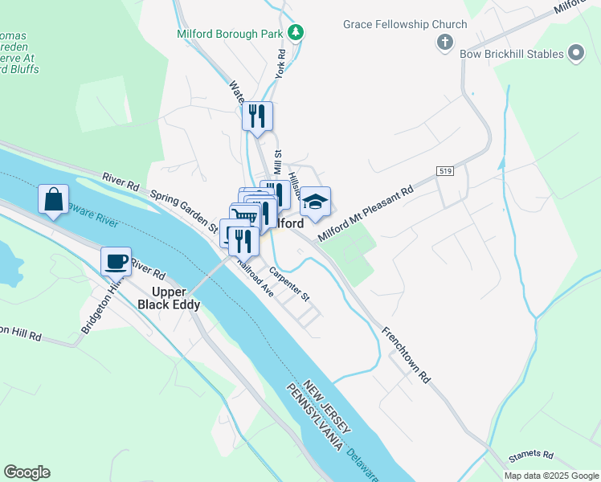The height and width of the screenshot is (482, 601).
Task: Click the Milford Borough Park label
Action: pyautogui.click(x=231, y=34)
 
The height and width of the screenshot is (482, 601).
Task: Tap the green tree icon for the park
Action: pyautogui.click(x=296, y=32)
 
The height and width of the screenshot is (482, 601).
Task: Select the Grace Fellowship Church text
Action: pyautogui.click(x=405, y=24)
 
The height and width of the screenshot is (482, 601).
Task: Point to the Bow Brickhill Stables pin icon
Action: pyautogui.click(x=575, y=53)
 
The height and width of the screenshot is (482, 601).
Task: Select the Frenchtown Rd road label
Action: pyautogui.click(x=407, y=354)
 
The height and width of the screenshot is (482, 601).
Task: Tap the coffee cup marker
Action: pyautogui.click(x=117, y=261)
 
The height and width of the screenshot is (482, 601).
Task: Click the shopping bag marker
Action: pyautogui.click(x=53, y=200)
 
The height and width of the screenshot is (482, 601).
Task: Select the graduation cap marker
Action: pyautogui.click(x=316, y=202)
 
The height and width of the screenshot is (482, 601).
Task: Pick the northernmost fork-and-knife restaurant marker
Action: pyautogui.click(x=258, y=116)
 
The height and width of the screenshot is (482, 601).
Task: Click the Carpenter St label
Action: pyautogui.click(x=289, y=284)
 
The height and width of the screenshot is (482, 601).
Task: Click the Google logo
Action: pyautogui.click(x=27, y=472)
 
